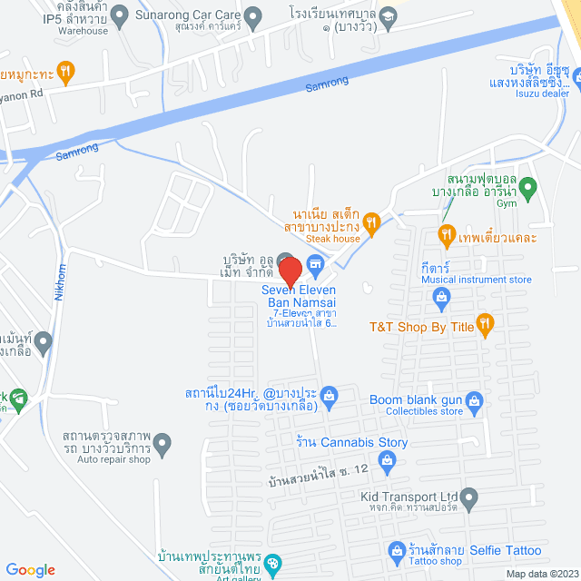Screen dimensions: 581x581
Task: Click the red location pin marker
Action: tap(290, 271)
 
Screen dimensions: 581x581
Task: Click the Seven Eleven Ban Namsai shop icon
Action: tap(316, 265)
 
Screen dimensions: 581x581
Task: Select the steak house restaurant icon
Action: tap(370, 220)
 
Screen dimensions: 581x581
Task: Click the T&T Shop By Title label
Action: tap(422, 322)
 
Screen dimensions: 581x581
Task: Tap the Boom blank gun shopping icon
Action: tap(474, 400)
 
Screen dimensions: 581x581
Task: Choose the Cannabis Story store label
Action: tap(352, 442)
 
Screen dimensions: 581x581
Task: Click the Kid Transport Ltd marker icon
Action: tap(468, 497)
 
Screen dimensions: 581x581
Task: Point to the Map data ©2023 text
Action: tap(541, 574)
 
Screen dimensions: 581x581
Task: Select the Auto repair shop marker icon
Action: tap(162, 444)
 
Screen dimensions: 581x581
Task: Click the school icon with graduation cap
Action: tap(388, 15)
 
